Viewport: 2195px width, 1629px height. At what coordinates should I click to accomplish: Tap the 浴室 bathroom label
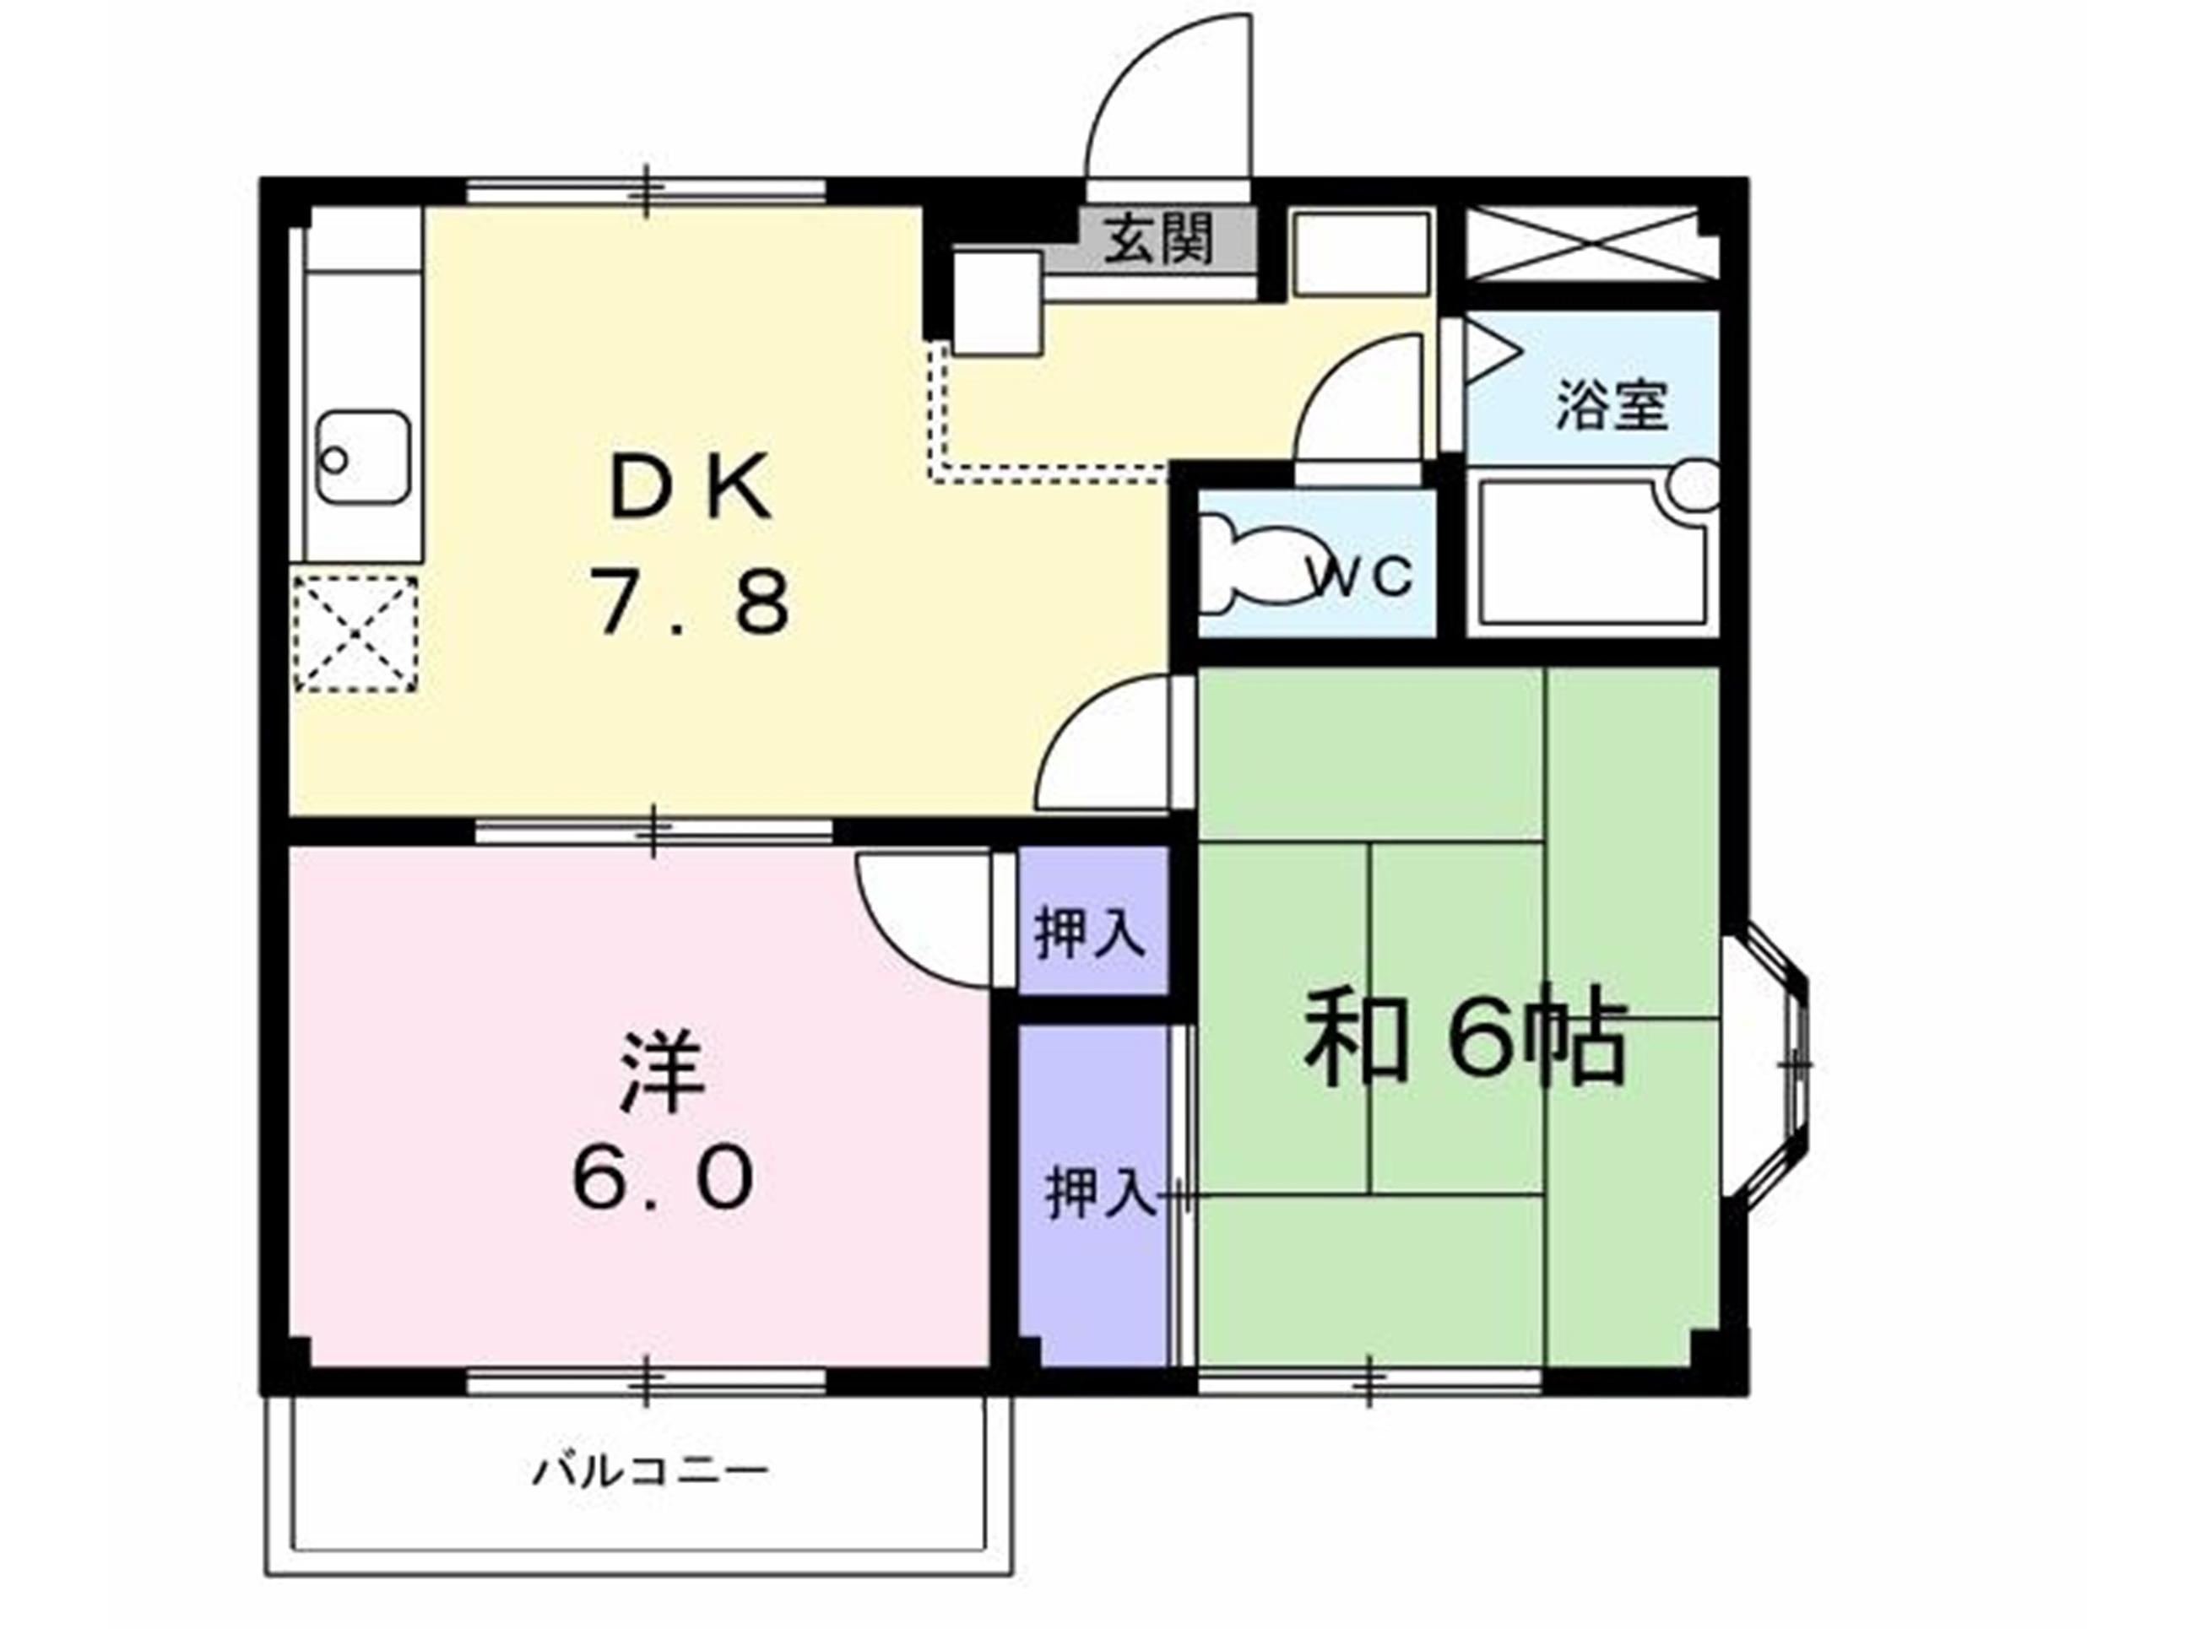click(1612, 404)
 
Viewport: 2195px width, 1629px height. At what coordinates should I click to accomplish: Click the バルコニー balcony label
click(650, 1473)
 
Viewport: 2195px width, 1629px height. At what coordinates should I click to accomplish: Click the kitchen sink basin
click(363, 457)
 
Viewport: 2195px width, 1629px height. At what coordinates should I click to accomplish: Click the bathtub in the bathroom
click(1591, 551)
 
